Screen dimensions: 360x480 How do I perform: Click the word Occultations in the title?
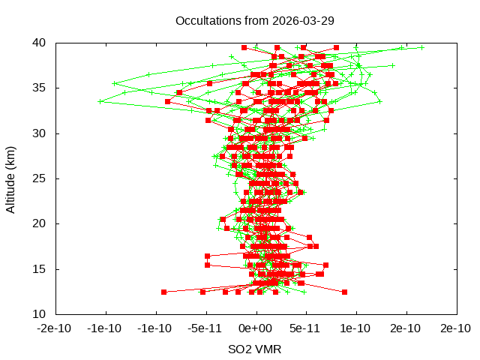click(x=203, y=20)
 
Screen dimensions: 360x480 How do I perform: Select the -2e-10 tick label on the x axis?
click(x=55, y=328)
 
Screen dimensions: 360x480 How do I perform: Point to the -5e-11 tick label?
click(x=205, y=328)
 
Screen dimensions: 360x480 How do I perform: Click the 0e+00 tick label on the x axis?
click(x=255, y=328)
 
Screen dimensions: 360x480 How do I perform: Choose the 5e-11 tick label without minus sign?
click(x=305, y=328)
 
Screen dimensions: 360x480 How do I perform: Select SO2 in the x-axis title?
click(x=239, y=349)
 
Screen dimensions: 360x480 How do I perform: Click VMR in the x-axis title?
click(x=268, y=349)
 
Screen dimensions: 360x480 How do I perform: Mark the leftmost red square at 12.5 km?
click(x=163, y=292)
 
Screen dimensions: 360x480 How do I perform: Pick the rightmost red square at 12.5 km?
click(x=344, y=292)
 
